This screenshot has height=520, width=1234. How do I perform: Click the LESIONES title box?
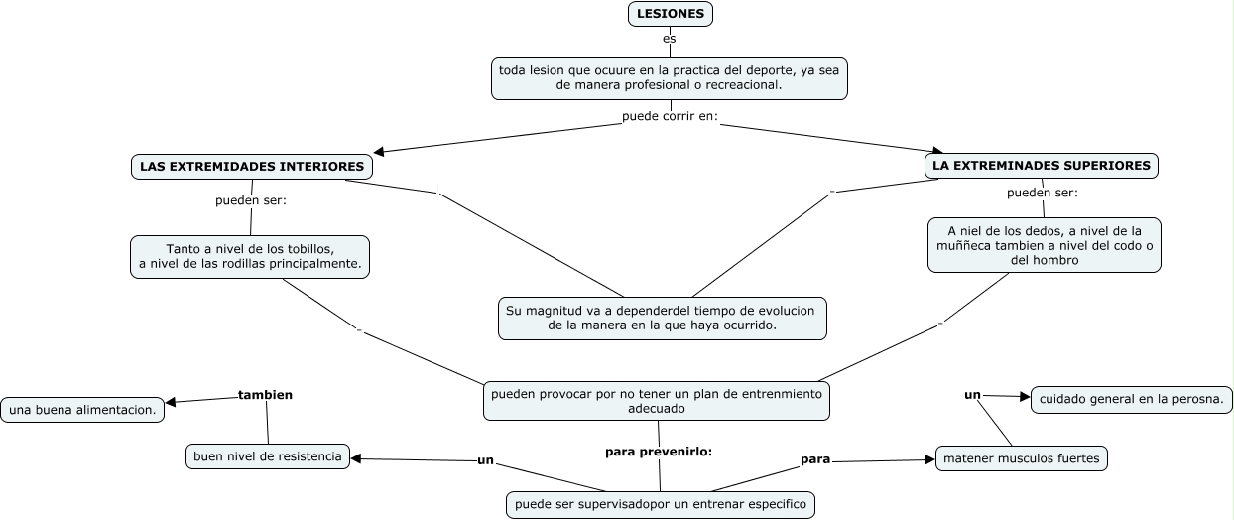(671, 14)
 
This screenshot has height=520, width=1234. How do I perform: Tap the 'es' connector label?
(670, 39)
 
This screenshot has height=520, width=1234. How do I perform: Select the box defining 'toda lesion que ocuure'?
(670, 78)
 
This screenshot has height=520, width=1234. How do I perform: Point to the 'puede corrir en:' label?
(670, 116)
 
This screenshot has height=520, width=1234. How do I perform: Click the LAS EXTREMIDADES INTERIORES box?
(252, 167)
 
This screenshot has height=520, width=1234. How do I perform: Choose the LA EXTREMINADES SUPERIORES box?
(1042, 166)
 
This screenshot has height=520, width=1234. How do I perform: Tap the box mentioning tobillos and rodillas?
(250, 257)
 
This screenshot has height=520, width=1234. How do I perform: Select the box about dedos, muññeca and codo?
(1045, 245)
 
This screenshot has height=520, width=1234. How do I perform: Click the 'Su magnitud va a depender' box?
(663, 319)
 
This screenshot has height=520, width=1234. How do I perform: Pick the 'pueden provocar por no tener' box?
(657, 401)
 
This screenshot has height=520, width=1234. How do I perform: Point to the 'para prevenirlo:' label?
(659, 452)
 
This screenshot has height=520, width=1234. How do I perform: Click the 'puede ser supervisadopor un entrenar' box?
(661, 504)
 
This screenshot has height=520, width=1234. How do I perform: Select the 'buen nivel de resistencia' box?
(268, 456)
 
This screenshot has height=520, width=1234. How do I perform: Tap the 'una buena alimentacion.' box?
(82, 410)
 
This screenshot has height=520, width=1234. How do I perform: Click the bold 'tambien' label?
(265, 395)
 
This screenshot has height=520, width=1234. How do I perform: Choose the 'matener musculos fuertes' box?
(1022, 458)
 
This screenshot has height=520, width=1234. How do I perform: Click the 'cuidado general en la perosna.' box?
(1132, 399)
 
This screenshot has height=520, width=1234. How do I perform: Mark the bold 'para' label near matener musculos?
(815, 459)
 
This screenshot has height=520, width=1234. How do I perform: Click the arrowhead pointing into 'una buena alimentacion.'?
(171, 402)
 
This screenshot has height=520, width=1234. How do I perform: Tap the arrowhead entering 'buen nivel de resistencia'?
(356, 458)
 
